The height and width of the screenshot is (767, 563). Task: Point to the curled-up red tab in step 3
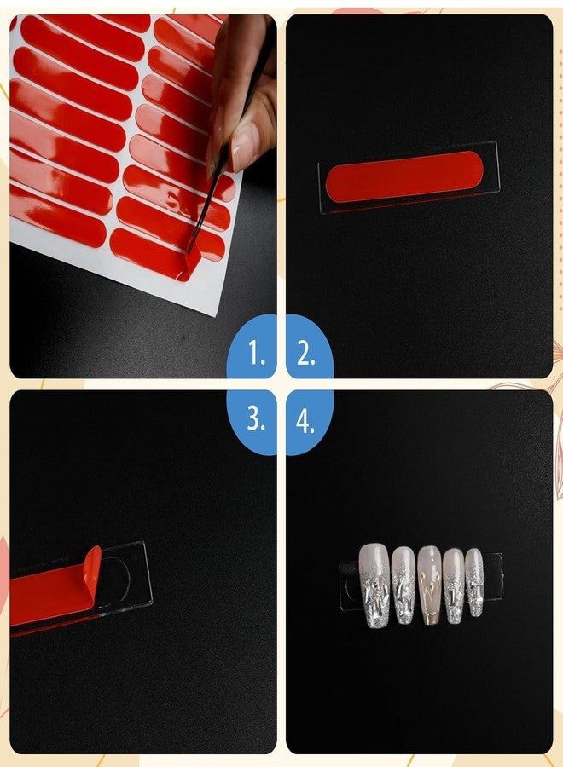click(x=91, y=569)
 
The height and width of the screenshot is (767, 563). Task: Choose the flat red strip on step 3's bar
click(x=47, y=597)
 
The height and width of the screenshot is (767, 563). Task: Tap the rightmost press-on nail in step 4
click(x=474, y=582)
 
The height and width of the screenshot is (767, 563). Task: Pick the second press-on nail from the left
click(x=403, y=585)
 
